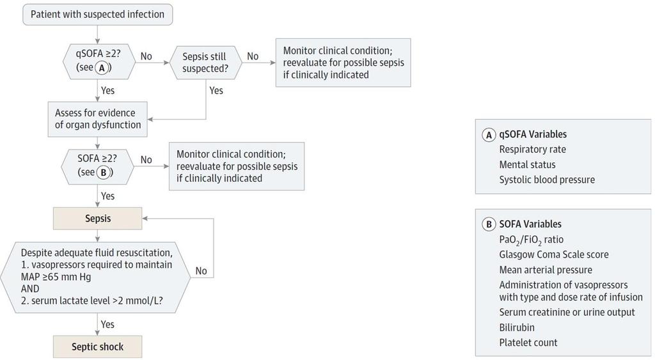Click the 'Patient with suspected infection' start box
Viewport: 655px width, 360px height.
(97, 14)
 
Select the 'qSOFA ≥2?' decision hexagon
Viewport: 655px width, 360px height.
(99, 61)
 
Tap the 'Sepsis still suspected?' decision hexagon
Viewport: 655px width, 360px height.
(205, 62)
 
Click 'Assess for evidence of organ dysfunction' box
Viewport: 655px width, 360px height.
(98, 119)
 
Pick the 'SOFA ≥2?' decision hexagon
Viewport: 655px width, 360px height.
(98, 166)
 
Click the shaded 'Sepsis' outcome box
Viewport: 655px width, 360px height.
(98, 219)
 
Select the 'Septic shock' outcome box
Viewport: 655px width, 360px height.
(98, 347)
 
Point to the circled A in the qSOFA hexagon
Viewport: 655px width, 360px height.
(102, 68)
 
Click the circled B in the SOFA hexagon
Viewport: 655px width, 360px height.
(104, 172)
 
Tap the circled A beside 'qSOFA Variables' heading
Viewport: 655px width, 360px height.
(489, 135)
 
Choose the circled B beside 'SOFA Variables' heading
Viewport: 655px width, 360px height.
(489, 224)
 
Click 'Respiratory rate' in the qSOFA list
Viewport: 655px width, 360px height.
(533, 150)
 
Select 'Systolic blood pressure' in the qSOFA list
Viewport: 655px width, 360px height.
(547, 180)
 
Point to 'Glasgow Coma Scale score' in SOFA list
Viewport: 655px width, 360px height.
(554, 254)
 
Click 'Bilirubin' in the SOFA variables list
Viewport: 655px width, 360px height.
(517, 327)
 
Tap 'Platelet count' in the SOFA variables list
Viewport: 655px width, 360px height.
(528, 343)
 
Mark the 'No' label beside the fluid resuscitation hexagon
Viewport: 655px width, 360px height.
(201, 271)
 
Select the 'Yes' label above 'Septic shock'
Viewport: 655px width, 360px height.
(107, 324)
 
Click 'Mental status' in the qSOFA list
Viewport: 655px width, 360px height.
(527, 164)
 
